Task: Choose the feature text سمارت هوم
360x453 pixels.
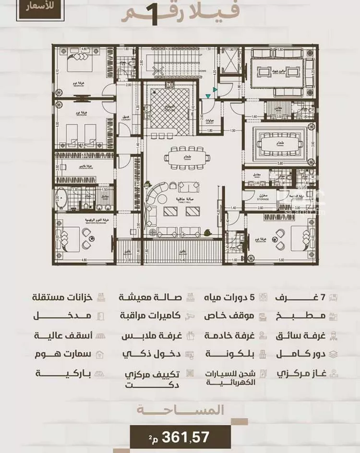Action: (x=63, y=355)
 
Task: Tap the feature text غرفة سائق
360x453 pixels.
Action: (x=301, y=335)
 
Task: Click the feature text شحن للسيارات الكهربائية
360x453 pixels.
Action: (x=230, y=378)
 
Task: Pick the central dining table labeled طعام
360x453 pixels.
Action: (x=183, y=158)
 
